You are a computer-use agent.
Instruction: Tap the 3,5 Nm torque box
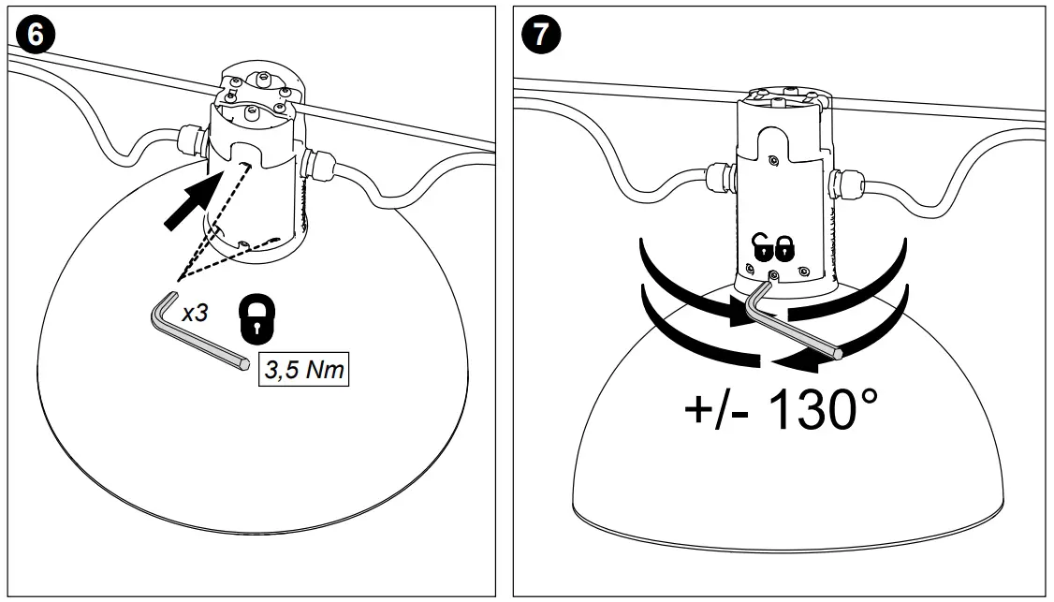(302, 370)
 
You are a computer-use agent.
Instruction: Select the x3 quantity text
(195, 314)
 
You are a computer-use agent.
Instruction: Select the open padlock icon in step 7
(763, 248)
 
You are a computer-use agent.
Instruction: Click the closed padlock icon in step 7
(784, 248)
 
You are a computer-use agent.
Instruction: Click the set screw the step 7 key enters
(774, 275)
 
